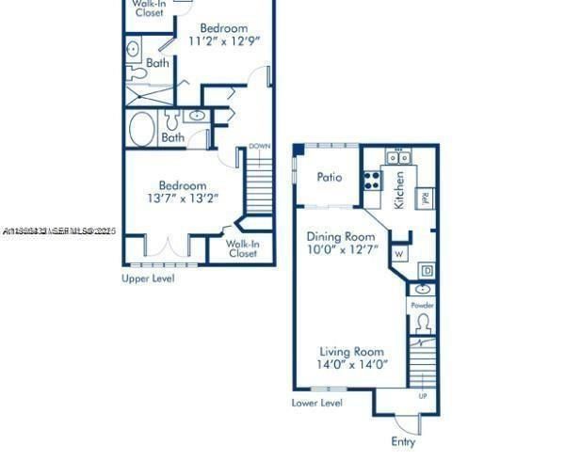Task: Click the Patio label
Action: tap(329, 177)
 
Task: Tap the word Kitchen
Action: tap(399, 189)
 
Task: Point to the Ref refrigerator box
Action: tap(425, 198)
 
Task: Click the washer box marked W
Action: tap(400, 253)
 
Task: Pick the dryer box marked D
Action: tap(426, 271)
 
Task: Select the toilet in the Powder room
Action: tap(423, 323)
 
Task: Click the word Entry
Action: tap(403, 441)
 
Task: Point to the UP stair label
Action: tap(421, 395)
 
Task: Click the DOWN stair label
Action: tap(260, 147)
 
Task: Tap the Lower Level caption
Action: tap(317, 403)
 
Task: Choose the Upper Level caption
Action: tap(148, 278)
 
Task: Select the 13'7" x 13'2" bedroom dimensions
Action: tap(183, 198)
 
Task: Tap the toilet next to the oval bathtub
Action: tap(171, 119)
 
